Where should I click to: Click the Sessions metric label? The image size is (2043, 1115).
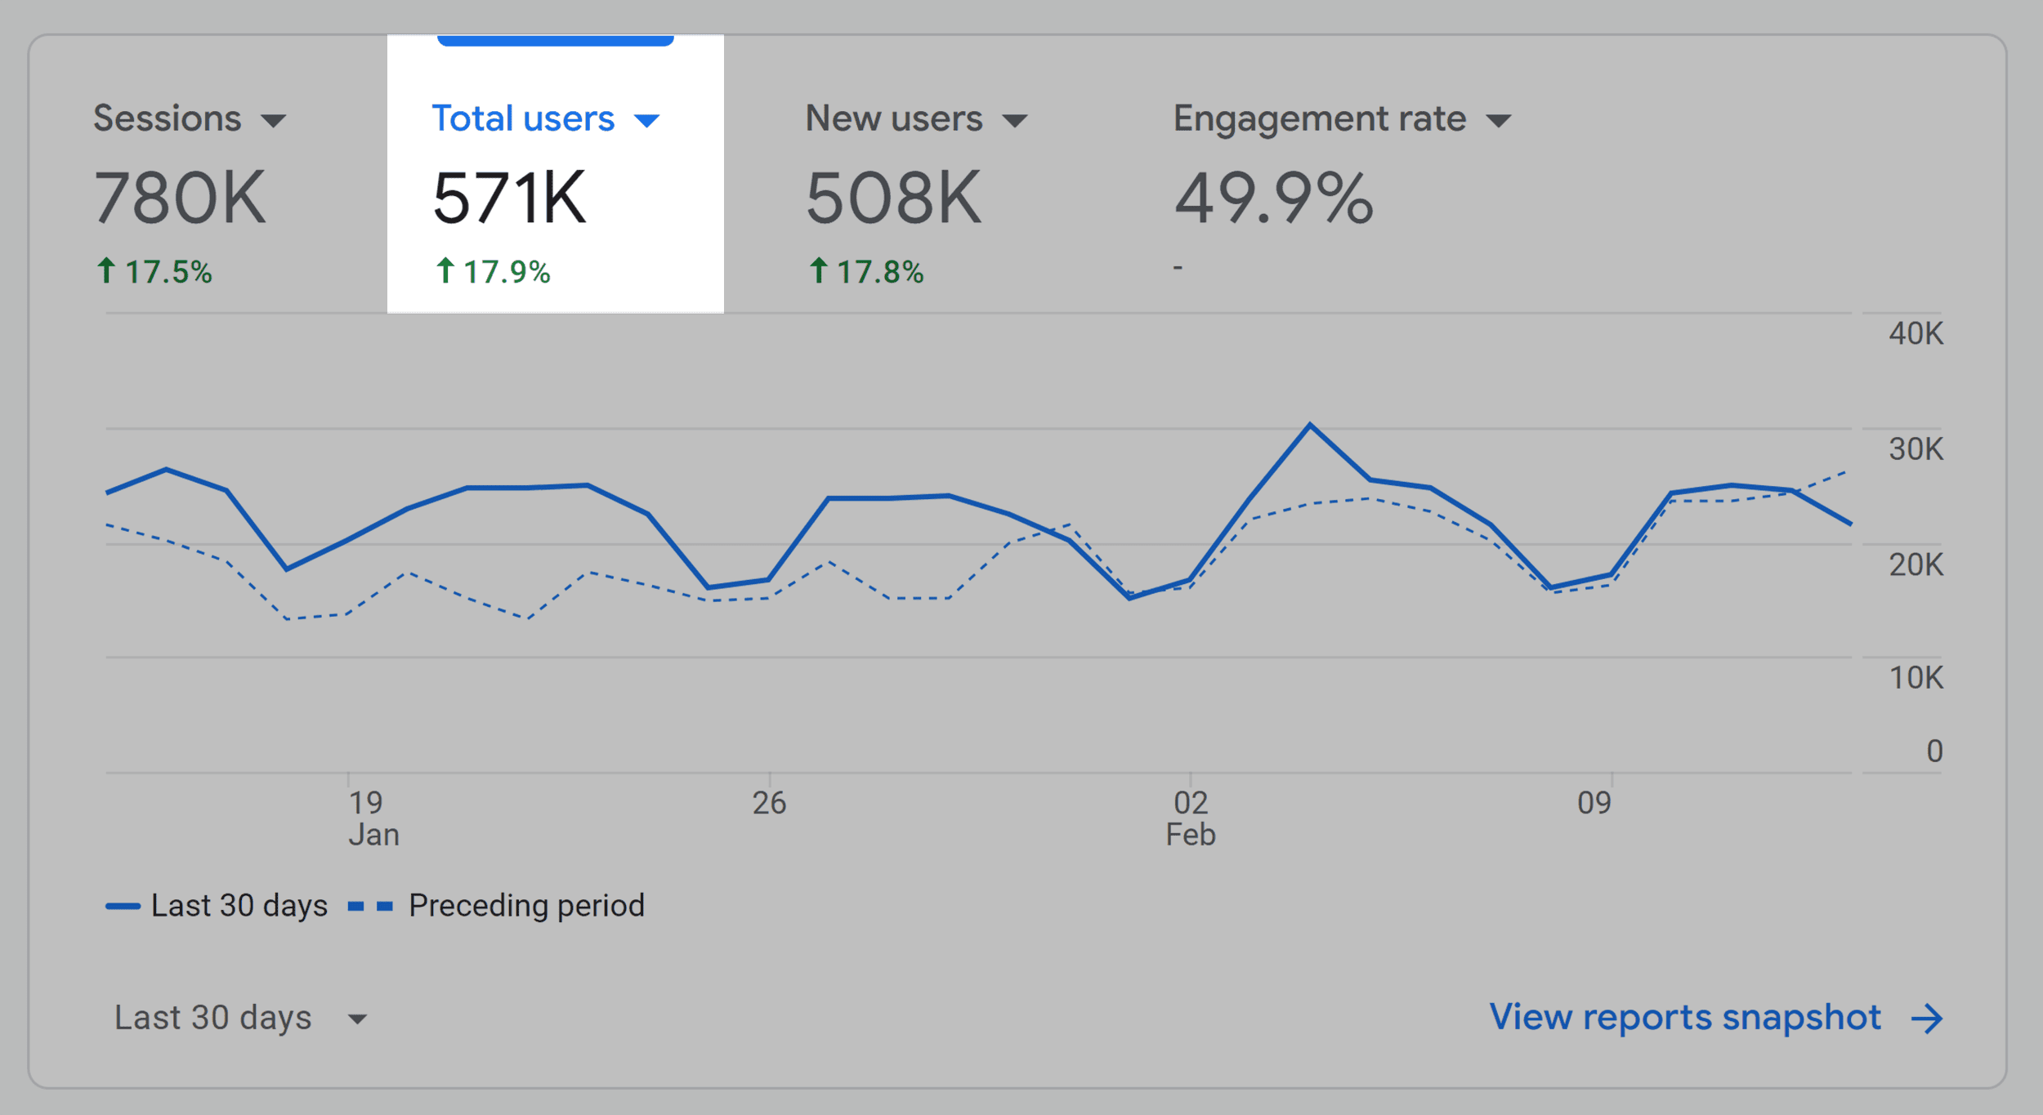168,119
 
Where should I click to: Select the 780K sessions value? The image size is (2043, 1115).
180,198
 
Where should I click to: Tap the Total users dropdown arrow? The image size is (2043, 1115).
646,122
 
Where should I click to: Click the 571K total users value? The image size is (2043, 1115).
509,198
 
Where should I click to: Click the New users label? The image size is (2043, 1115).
893,119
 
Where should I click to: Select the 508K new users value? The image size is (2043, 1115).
893,198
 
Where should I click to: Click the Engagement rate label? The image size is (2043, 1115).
1319,119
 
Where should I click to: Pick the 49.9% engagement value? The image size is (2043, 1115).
1273,198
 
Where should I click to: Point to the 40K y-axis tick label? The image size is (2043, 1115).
1915,334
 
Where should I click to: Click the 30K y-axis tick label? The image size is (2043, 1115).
1915,449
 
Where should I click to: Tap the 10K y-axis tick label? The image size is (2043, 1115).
1915,678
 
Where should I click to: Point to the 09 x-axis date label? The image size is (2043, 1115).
1594,804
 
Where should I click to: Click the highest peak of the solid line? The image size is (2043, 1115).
1310,425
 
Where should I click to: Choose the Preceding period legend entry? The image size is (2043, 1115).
525,906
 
